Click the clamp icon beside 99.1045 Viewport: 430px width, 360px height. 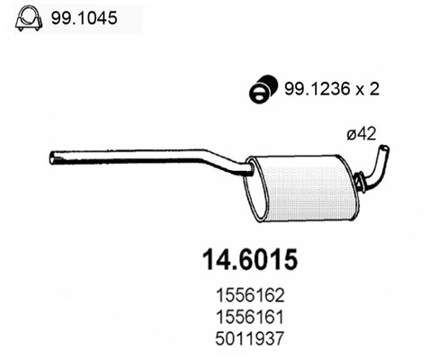pos(27,17)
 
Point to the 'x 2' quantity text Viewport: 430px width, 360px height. pos(362,89)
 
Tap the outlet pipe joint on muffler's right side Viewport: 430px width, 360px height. pos(358,184)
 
